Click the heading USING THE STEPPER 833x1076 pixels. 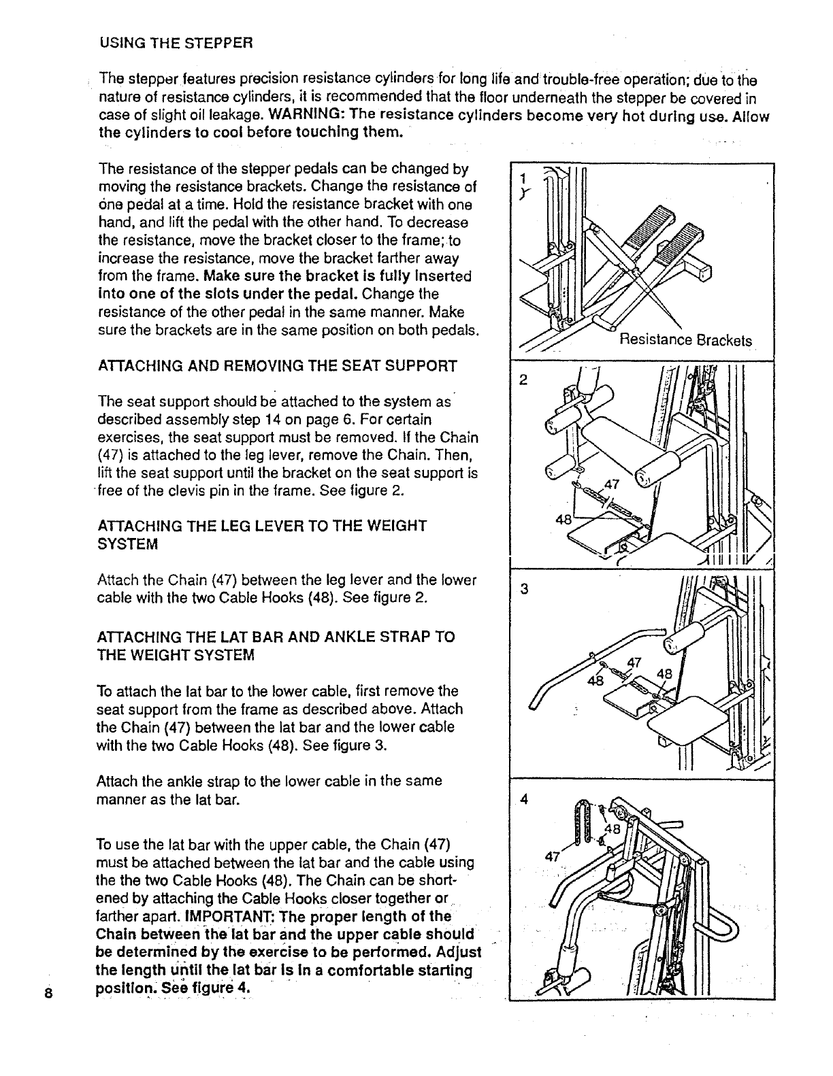pyautogui.click(x=176, y=43)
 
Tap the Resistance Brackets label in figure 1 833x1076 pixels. pyautogui.click(x=685, y=340)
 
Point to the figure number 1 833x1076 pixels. pyautogui.click(x=522, y=178)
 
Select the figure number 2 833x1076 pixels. pyautogui.click(x=523, y=380)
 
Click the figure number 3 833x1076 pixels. pyautogui.click(x=523, y=588)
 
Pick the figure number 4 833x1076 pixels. pyautogui.click(x=523, y=799)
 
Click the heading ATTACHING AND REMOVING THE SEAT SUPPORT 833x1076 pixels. pyautogui.click(x=277, y=367)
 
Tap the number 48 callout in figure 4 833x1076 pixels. pyautogui.click(x=615, y=830)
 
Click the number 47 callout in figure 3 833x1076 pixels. pyautogui.click(x=634, y=662)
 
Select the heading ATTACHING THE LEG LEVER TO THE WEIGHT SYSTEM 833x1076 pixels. pyautogui.click(x=263, y=535)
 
